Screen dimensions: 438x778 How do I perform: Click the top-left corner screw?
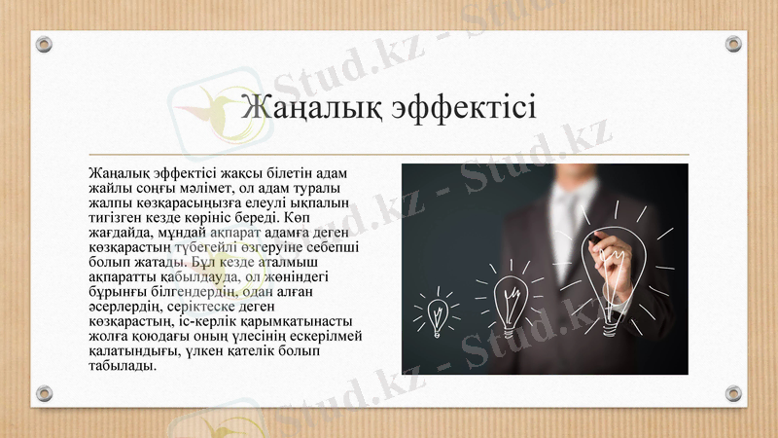pos(43,44)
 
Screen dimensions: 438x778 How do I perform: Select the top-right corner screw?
pos(734,44)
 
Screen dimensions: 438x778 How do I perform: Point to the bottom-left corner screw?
pos(43,393)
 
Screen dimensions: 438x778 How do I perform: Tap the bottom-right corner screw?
pos(734,393)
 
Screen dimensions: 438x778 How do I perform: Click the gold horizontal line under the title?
pos(389,155)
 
